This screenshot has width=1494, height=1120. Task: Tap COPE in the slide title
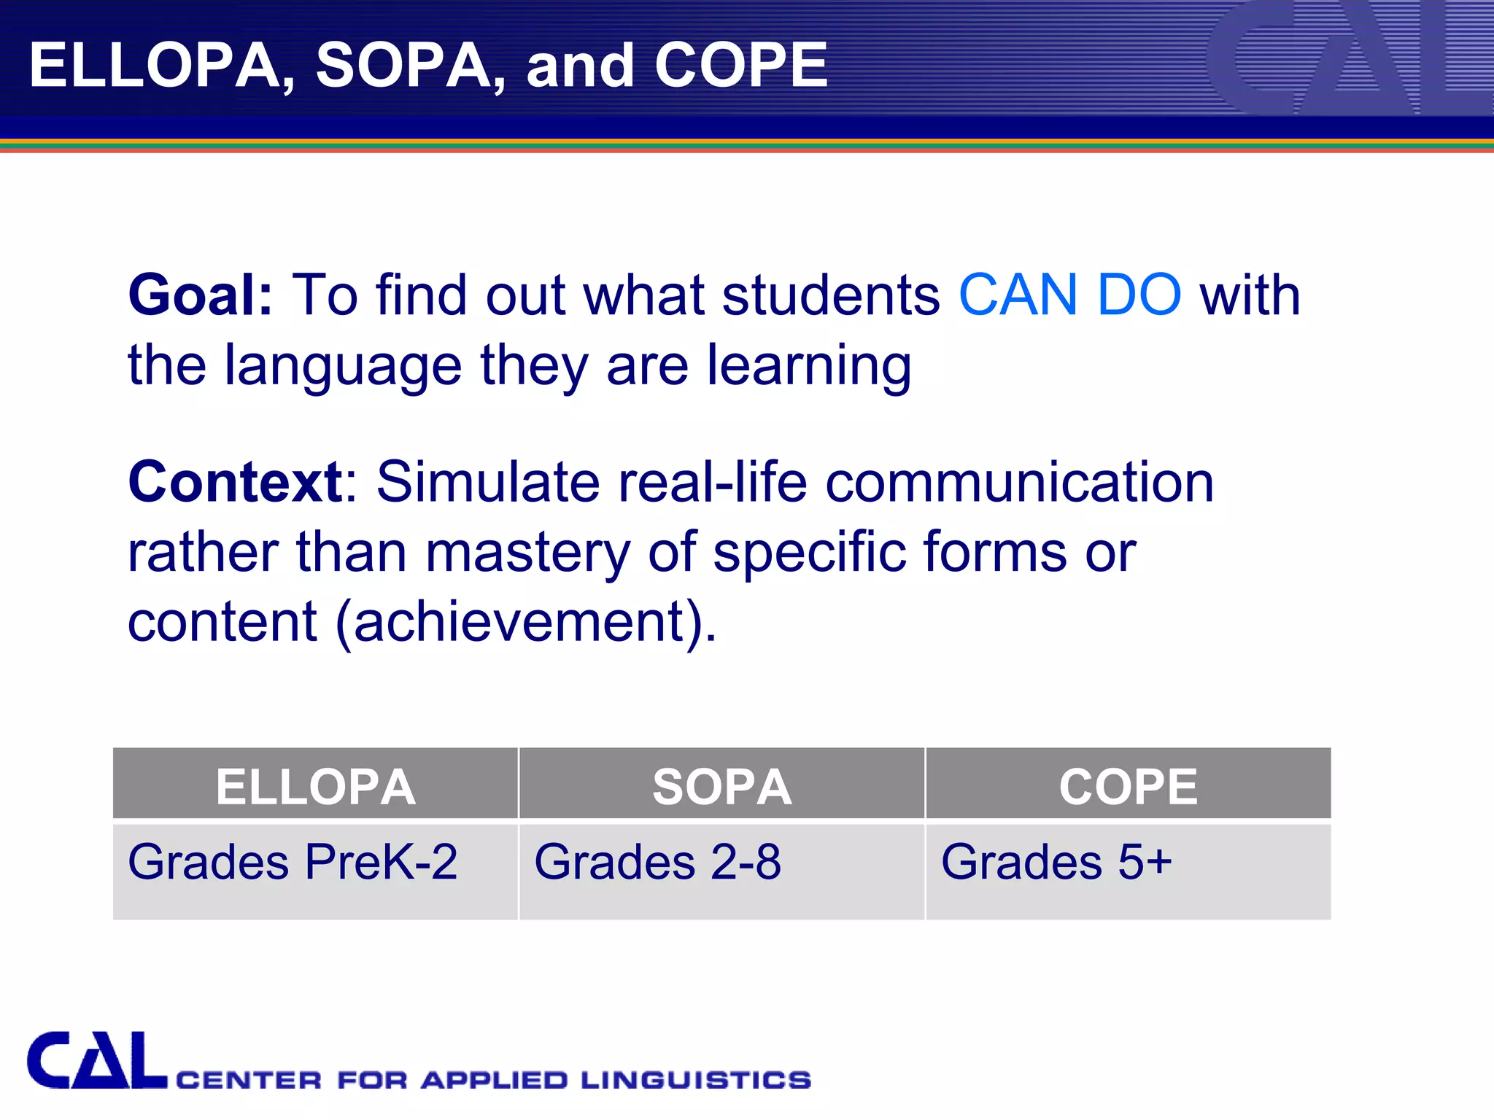pyautogui.click(x=740, y=66)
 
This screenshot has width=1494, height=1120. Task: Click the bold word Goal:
pyautogui.click(x=201, y=295)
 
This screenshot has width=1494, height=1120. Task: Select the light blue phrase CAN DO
pyautogui.click(x=1069, y=295)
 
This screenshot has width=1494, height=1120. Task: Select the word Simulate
pyautogui.click(x=488, y=482)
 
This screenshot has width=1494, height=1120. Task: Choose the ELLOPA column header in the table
pyautogui.click(x=315, y=787)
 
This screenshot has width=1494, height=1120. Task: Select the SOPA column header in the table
pyautogui.click(x=721, y=787)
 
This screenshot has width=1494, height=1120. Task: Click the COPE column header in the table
pyautogui.click(x=1128, y=787)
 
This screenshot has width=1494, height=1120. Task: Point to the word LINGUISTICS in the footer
pyautogui.click(x=696, y=1080)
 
